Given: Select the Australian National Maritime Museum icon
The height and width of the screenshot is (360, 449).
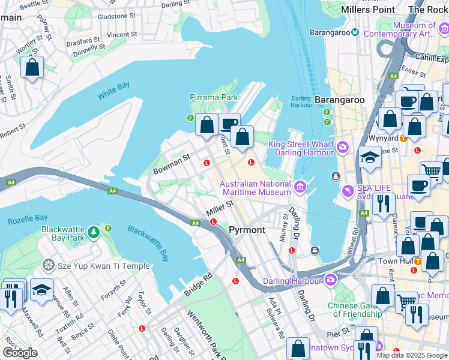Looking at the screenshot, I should tap(300, 188).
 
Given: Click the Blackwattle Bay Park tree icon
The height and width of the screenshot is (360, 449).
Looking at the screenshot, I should tap(93, 232).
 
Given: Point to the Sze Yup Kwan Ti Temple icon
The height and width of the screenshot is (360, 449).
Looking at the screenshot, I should tap(49, 265).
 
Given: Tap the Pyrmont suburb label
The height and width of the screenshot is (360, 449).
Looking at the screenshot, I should tap(247, 230).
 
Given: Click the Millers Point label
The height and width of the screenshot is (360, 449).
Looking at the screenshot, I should tap(367, 10).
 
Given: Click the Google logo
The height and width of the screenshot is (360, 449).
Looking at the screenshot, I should tap(20, 352).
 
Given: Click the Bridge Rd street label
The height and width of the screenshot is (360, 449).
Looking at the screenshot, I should tap(199, 286).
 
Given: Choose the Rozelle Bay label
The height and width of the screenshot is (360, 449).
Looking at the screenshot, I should tap(28, 220).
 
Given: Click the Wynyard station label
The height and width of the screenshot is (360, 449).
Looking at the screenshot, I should tap(384, 137).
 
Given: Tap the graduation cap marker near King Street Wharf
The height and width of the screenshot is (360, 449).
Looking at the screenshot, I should tap(370, 158).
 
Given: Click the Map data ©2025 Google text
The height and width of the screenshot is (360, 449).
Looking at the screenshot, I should tap(412, 355).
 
